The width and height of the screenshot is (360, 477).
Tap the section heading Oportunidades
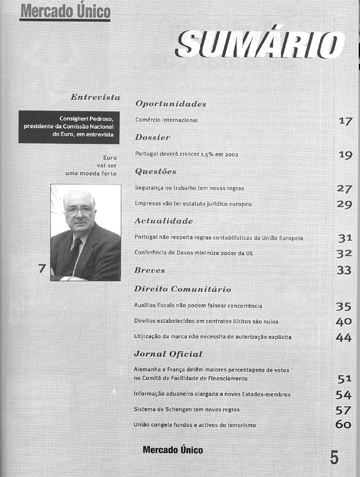point(171,104)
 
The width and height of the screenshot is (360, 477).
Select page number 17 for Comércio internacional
point(345,121)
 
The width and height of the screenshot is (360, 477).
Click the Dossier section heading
point(152,137)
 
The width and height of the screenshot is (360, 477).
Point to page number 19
point(345,155)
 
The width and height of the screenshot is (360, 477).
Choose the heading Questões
point(155,171)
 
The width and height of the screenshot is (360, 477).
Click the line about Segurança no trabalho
point(189,188)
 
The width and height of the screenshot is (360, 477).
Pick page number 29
point(344,204)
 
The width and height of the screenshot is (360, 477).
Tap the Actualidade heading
point(163,220)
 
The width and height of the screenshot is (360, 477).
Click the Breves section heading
point(150,270)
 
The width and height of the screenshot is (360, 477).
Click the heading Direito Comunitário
point(183,289)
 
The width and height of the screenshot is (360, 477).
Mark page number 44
point(344,337)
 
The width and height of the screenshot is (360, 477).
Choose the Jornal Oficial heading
point(168,353)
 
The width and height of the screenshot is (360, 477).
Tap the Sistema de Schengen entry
point(187,409)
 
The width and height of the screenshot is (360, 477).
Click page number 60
point(343,424)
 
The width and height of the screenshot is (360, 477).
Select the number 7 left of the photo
point(41,269)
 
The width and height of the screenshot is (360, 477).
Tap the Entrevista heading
point(95,97)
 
